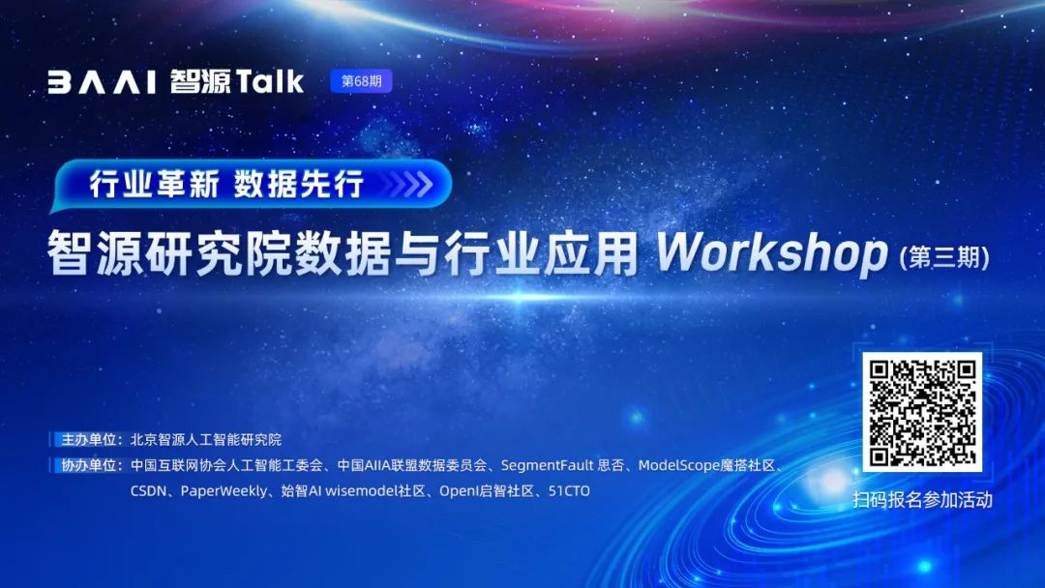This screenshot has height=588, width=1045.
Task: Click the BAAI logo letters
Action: (102, 82)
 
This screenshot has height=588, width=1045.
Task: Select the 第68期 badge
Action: (361, 81)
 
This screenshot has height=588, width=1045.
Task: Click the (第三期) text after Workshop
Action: (944, 257)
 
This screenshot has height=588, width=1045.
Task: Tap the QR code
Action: (922, 412)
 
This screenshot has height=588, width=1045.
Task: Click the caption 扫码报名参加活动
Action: (922, 500)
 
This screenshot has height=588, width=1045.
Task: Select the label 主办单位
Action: (89, 439)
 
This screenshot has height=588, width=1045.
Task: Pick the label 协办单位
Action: (89, 465)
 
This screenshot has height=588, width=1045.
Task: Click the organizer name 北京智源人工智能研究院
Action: (206, 439)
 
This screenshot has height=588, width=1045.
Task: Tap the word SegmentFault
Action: (547, 465)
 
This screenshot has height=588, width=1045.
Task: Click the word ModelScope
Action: (677, 465)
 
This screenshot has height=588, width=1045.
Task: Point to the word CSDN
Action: (148, 491)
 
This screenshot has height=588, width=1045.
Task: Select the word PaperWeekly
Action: (224, 491)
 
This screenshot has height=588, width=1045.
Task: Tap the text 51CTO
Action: (569, 491)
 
